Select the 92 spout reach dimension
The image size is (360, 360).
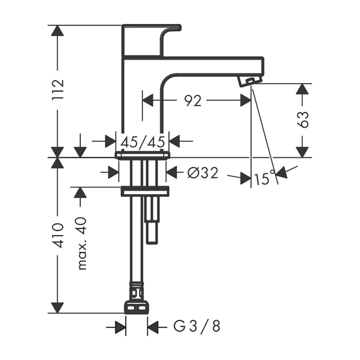193,101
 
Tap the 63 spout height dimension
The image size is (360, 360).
304,119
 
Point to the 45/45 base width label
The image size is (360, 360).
143,141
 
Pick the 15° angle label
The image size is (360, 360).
264,178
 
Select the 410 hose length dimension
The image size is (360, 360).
58,236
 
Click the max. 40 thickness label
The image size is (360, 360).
82,243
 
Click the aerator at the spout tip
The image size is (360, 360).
247,81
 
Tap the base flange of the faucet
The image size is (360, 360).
142,155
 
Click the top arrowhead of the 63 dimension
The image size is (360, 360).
303,89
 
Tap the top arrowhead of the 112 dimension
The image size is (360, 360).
58,32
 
